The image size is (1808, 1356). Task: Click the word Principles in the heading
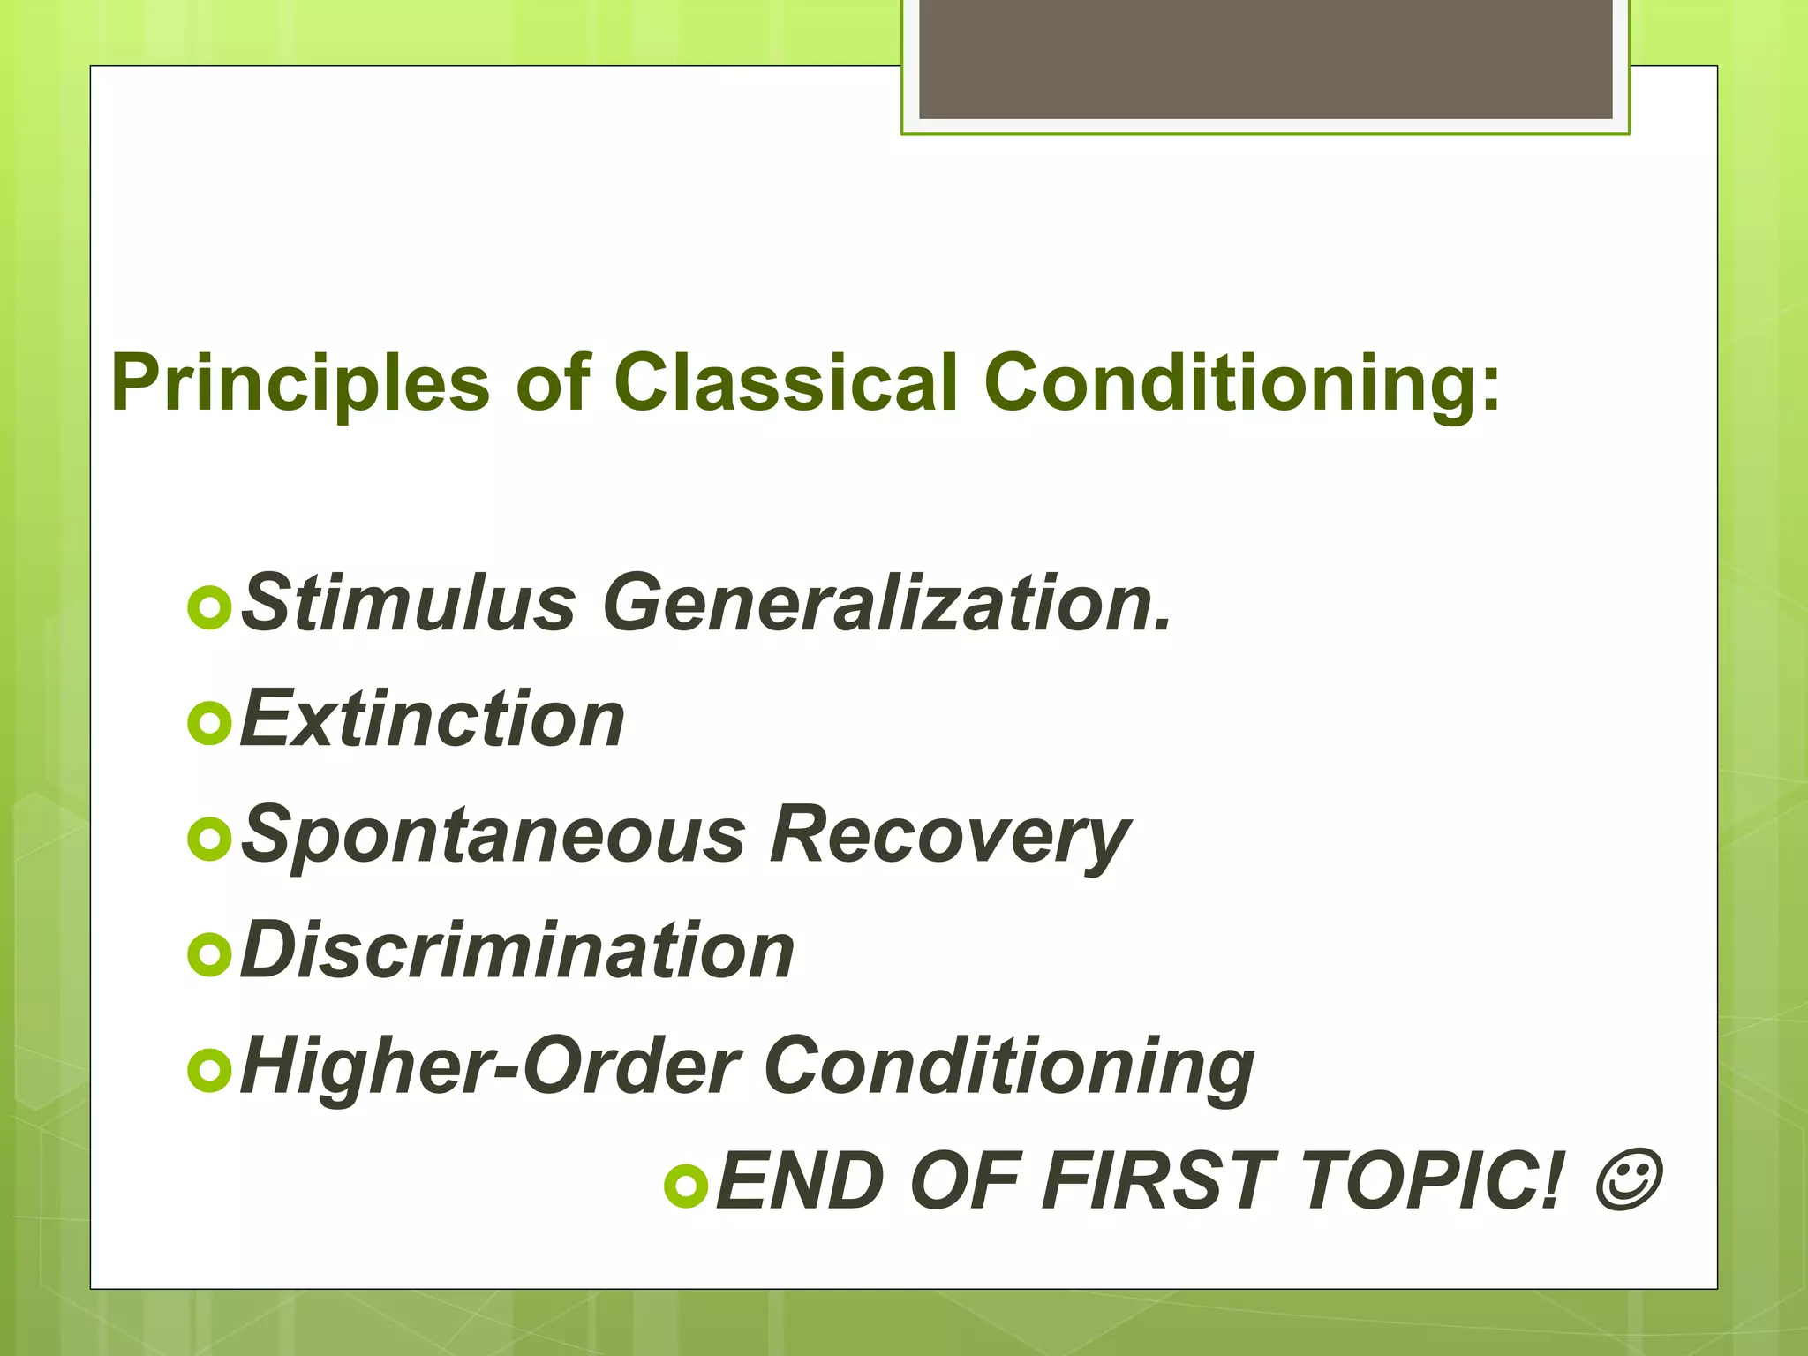[300, 383]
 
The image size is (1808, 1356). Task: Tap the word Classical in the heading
[786, 383]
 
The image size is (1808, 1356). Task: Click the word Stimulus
[409, 603]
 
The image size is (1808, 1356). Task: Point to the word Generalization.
[887, 603]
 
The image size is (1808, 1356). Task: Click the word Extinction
[433, 719]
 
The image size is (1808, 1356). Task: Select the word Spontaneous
[493, 835]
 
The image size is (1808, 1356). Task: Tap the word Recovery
[949, 835]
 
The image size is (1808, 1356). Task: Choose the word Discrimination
[517, 951]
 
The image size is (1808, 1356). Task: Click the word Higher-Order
[491, 1066]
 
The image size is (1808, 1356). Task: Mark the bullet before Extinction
[209, 724]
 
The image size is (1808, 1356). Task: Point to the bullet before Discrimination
[209, 955]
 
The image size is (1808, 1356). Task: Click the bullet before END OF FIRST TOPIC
[685, 1186]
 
